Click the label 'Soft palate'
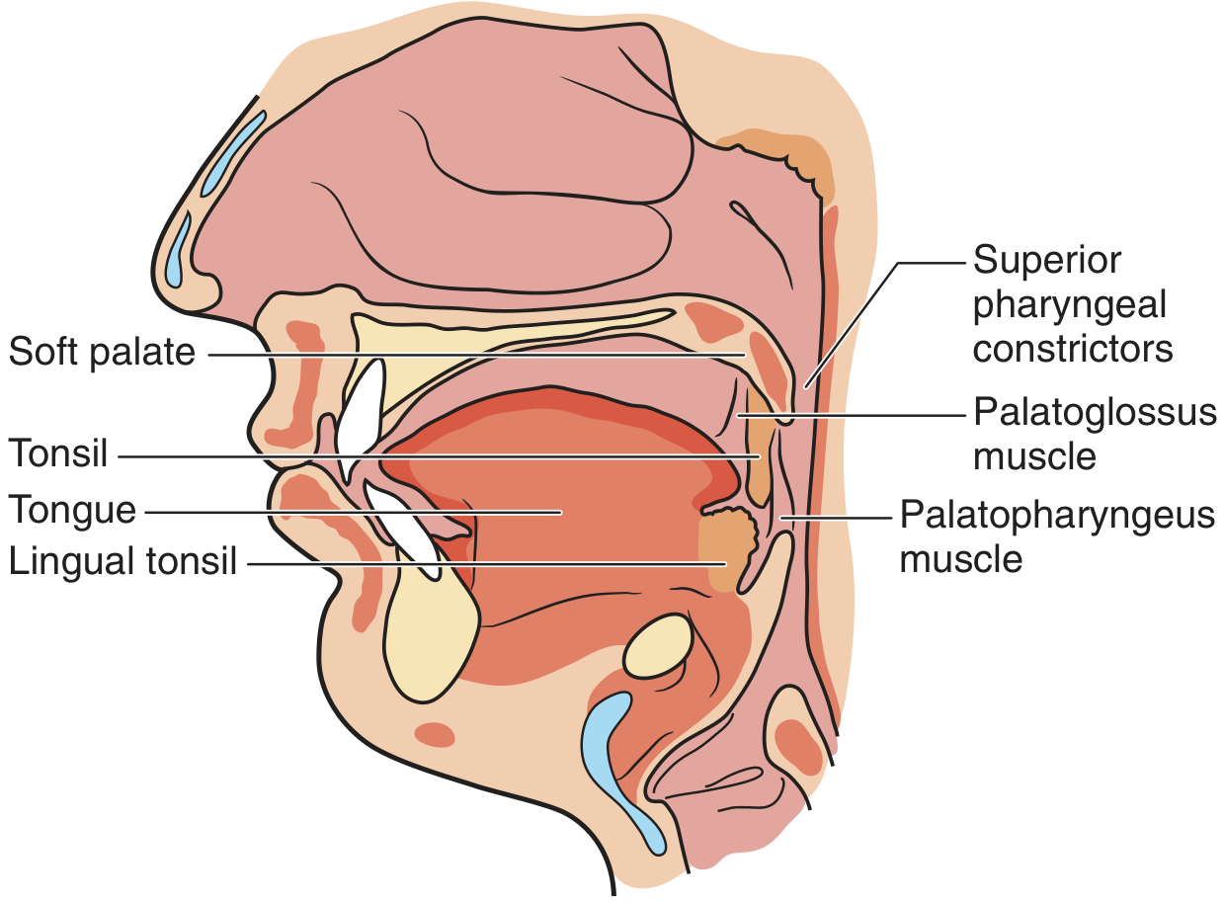[x=103, y=353]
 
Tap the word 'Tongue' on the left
[x=72, y=511]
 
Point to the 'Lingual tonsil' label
[x=123, y=562]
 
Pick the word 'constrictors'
[x=1073, y=348]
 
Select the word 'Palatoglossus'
[x=1095, y=412]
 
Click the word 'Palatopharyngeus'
[x=1057, y=515]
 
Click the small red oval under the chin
[x=434, y=734]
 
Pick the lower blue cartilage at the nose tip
[x=178, y=253]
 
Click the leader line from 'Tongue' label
[x=346, y=512]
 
